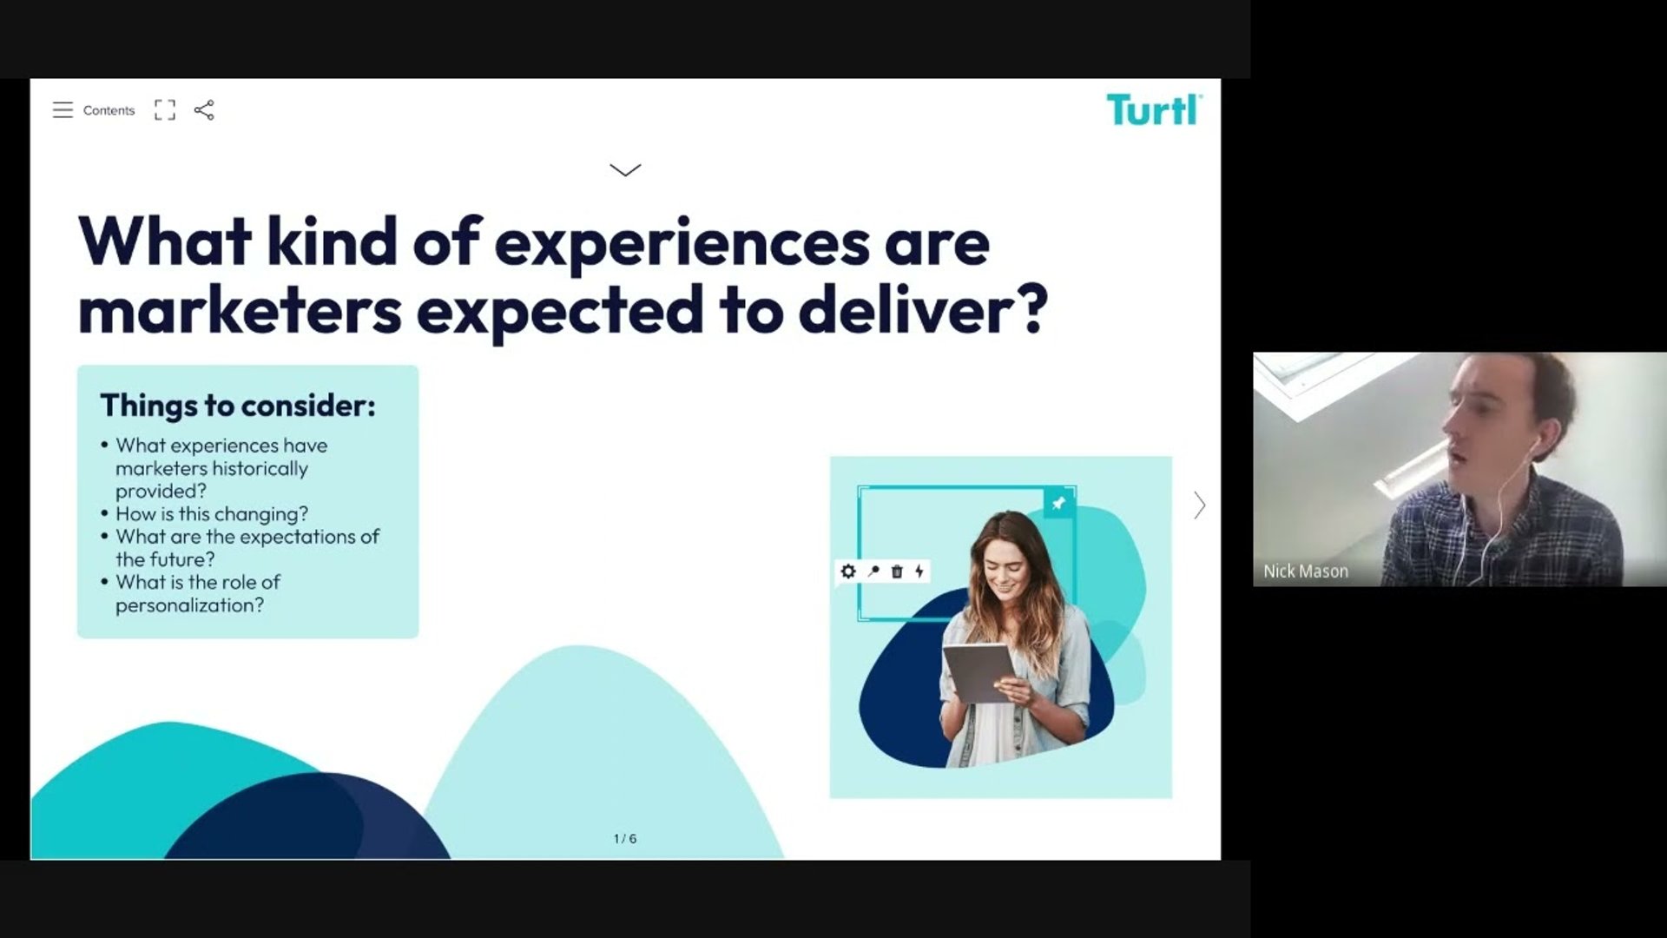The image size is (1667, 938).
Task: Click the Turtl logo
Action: (1154, 110)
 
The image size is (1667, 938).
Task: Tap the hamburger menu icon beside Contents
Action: (63, 110)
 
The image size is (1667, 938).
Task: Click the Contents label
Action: (109, 110)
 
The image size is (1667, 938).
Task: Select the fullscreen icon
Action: (165, 110)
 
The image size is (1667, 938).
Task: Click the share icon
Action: (204, 110)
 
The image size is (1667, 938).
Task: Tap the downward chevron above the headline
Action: (625, 170)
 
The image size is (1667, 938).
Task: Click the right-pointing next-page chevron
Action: (1200, 505)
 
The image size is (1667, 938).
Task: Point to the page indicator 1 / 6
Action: (625, 839)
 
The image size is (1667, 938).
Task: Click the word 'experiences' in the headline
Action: (682, 244)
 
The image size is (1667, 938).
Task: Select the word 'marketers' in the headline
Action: (240, 311)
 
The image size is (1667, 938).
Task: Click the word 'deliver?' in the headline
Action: (923, 309)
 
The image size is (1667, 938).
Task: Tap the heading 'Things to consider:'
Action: (238, 406)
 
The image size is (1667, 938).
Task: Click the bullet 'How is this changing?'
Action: (212, 514)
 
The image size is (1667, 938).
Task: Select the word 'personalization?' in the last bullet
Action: (189, 605)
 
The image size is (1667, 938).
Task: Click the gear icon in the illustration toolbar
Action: (848, 571)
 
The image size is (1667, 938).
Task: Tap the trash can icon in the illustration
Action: (897, 571)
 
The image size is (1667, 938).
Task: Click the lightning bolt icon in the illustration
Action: (919, 571)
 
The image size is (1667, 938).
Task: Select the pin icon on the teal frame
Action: (1059, 503)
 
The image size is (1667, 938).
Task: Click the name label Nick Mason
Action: (1306, 571)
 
